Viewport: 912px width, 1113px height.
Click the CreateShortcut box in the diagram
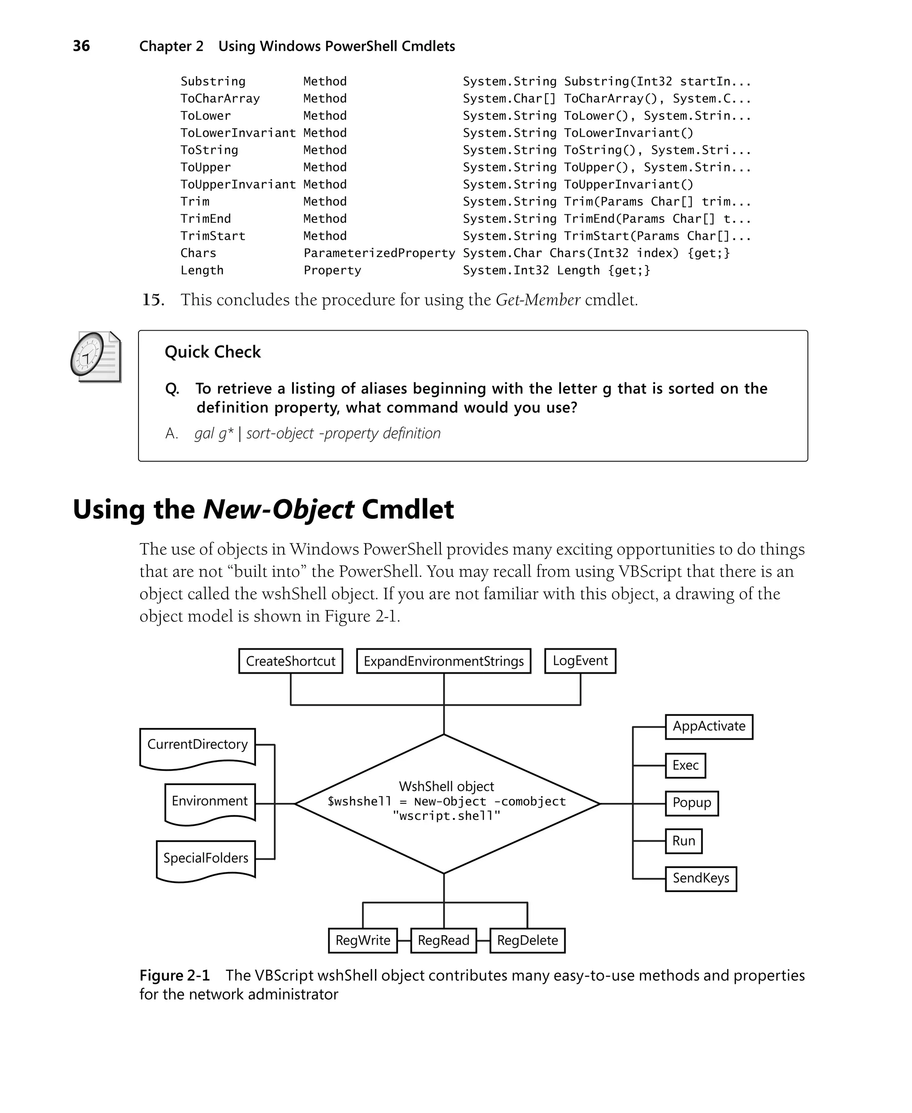[290, 661]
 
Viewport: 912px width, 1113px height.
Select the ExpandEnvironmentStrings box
[444, 661]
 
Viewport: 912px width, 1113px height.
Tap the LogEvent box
[580, 661]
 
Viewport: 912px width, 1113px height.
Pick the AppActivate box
[708, 726]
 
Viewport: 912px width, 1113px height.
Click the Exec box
[685, 765]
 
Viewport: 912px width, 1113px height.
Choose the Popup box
[692, 803]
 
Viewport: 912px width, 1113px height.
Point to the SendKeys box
[701, 878]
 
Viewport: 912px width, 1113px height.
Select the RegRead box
[444, 940]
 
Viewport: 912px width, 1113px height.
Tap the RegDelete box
[527, 940]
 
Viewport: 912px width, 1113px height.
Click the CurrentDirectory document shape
[198, 746]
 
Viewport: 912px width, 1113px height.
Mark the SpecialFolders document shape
[206, 859]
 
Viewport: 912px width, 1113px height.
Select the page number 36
[81, 46]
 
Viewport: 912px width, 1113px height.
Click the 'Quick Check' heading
[212, 352]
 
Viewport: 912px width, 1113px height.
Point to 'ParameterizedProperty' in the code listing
[379, 253]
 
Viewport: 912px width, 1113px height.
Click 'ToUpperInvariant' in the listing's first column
[238, 184]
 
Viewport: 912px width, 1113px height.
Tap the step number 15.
[153, 300]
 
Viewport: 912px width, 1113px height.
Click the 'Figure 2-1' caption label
[175, 975]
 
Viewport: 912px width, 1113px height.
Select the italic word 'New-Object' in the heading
[278, 509]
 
